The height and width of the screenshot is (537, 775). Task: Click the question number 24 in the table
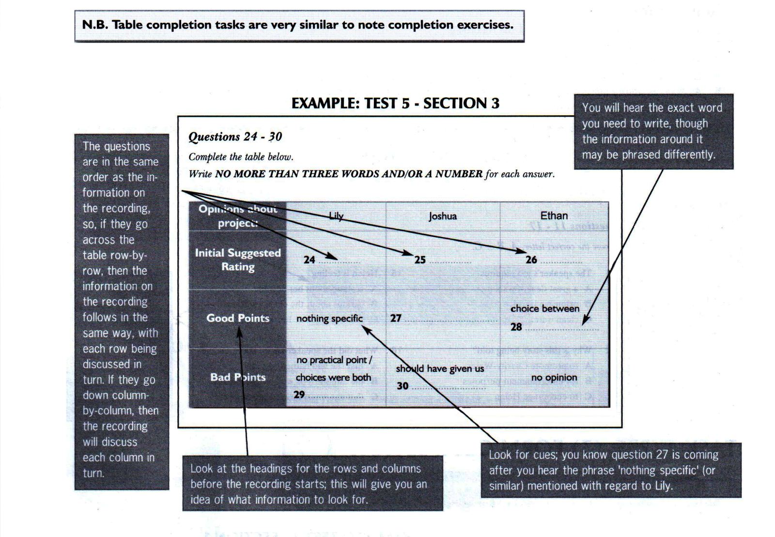coord(309,260)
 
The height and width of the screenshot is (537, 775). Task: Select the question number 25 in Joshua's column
coord(419,260)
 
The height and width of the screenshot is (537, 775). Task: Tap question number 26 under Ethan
coord(531,260)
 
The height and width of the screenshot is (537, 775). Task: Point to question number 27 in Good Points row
coord(395,318)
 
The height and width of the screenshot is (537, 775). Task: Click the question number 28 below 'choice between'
coord(516,327)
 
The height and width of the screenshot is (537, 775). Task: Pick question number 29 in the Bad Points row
coord(299,395)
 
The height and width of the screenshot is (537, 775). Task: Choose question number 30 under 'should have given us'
coord(402,386)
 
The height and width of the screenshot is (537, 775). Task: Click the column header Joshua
coord(442,216)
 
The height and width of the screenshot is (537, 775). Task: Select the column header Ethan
coord(554,215)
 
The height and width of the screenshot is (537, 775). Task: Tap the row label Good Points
coord(237,318)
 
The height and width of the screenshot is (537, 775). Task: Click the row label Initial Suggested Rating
coord(237,260)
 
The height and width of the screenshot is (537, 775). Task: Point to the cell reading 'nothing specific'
coord(329,318)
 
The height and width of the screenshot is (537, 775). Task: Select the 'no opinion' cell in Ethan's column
coord(554,377)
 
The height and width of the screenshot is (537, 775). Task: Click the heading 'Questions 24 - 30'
coord(235,137)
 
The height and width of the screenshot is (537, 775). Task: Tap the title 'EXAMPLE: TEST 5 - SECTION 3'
coord(395,103)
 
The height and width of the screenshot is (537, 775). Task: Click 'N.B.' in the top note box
coord(94,25)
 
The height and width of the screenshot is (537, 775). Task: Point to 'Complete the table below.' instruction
coord(241,157)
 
